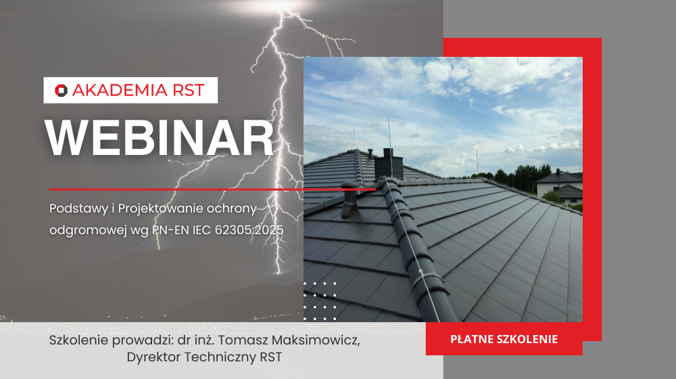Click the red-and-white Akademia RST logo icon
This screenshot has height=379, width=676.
click(61, 90)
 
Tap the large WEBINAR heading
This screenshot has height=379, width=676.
click(160, 139)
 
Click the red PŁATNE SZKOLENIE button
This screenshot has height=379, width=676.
click(504, 339)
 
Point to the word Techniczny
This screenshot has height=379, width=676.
click(216, 357)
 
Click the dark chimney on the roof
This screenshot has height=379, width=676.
click(391, 162)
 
